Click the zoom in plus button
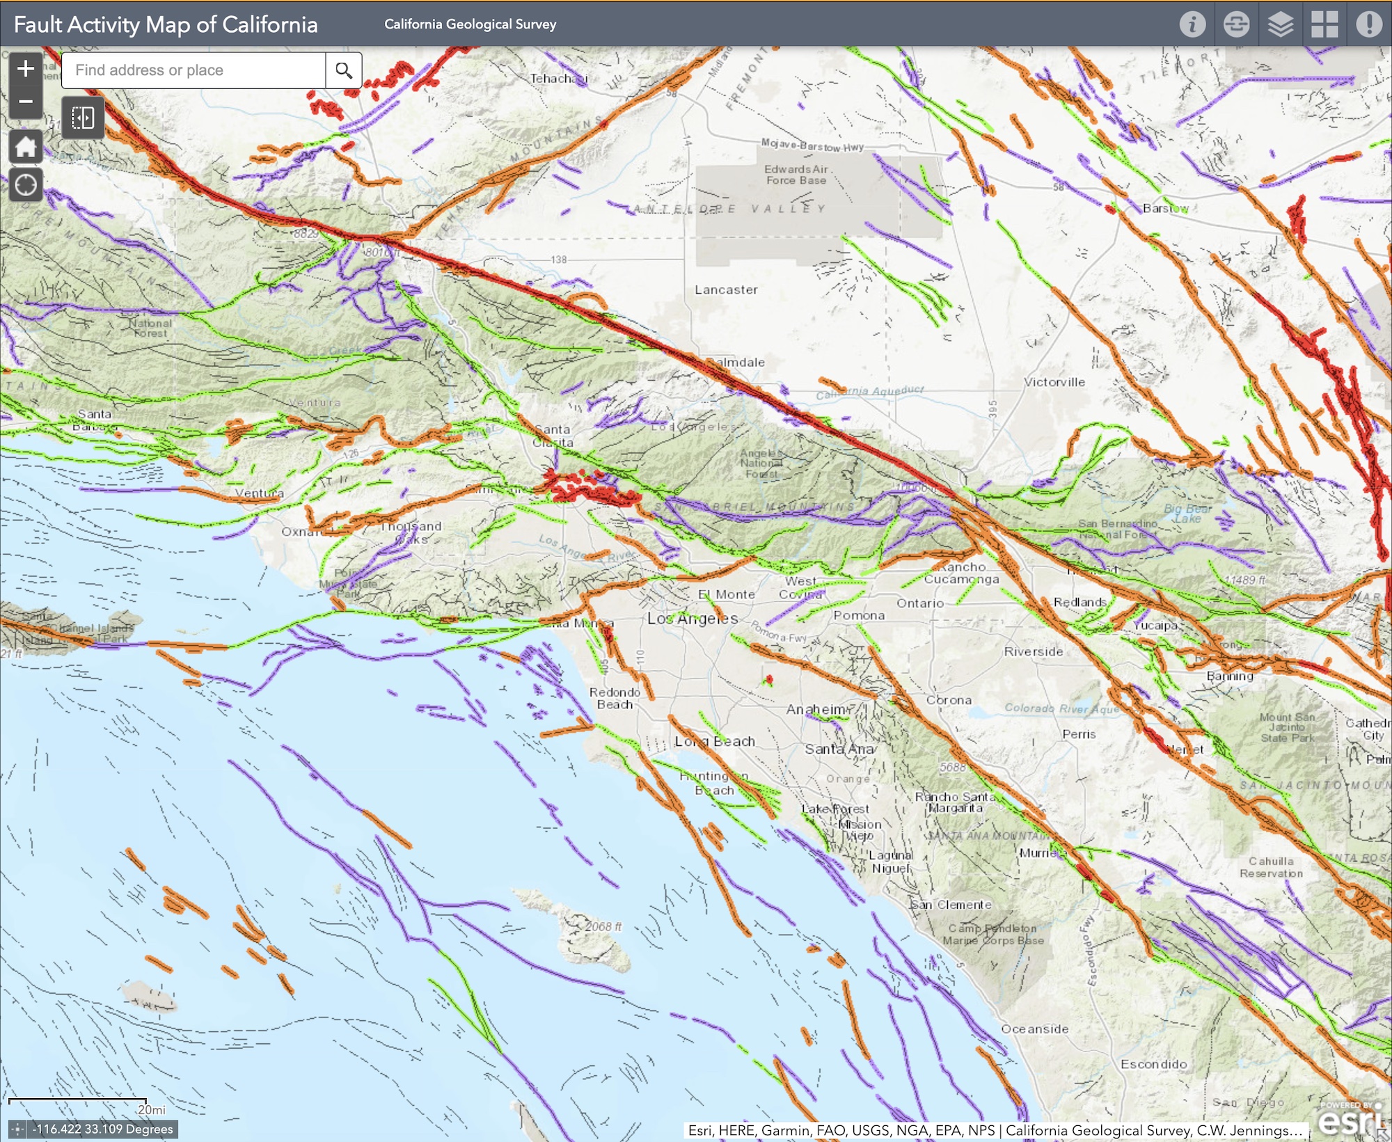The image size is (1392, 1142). click(26, 69)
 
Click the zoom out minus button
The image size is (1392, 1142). click(26, 102)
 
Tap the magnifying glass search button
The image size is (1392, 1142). click(343, 70)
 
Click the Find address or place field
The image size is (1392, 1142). click(193, 70)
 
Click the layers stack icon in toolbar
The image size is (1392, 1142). click(1280, 24)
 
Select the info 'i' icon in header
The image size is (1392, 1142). click(1192, 24)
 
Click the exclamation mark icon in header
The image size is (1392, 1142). click(1368, 24)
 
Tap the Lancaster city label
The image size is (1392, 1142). click(726, 290)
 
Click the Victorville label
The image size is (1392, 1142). click(1054, 382)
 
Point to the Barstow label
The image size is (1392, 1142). click(1166, 208)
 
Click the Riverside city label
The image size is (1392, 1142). click(1034, 652)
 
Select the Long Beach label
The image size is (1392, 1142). click(715, 742)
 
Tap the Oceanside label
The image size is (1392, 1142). click(1035, 1029)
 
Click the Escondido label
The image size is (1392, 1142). click(1154, 1065)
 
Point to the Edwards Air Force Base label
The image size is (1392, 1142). click(796, 175)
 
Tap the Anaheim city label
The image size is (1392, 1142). click(816, 710)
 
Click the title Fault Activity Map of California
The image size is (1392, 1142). click(166, 24)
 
